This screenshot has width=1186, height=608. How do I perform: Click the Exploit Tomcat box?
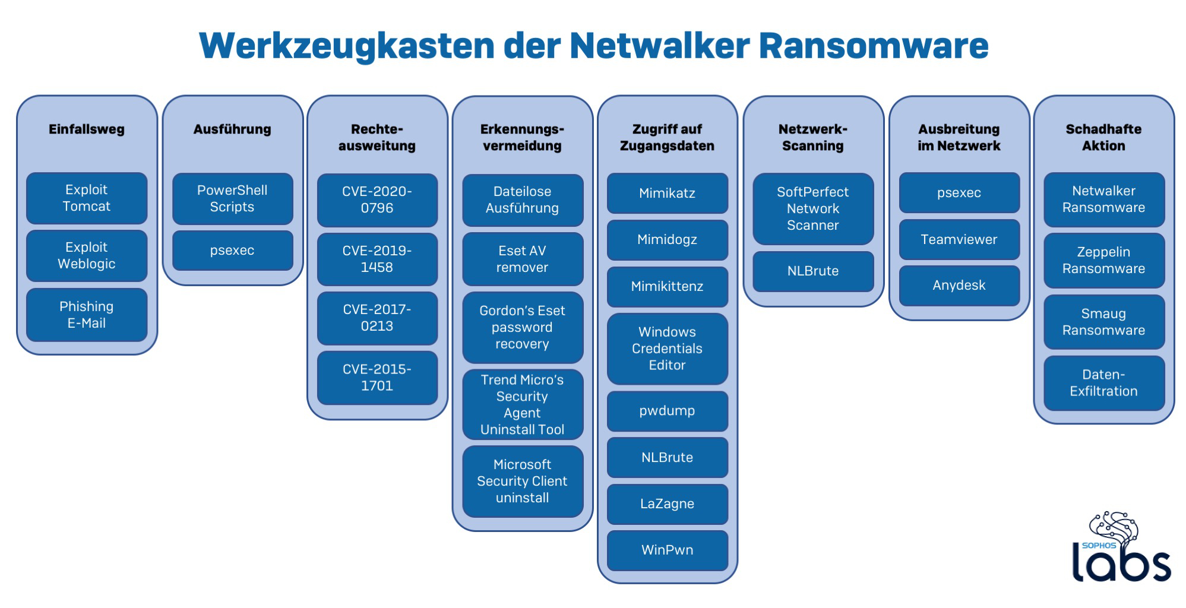pyautogui.click(x=87, y=198)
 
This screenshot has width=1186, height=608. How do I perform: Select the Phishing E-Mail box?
pyautogui.click(x=87, y=315)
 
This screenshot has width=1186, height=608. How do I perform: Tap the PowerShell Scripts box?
pyautogui.click(x=232, y=198)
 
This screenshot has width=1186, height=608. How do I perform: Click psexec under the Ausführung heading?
pyautogui.click(x=232, y=251)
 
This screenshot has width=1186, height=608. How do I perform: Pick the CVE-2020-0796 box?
pyautogui.click(x=377, y=200)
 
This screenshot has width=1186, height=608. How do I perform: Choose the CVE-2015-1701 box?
pyautogui.click(x=377, y=378)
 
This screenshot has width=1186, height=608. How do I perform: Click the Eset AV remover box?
pyautogui.click(x=523, y=259)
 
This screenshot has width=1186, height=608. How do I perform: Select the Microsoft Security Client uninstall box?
pyautogui.click(x=523, y=481)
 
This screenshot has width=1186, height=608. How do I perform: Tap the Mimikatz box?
pyautogui.click(x=667, y=193)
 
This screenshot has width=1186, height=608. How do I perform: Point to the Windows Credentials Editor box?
pyautogui.click(x=667, y=349)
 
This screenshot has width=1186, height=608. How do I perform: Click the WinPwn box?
pyautogui.click(x=667, y=550)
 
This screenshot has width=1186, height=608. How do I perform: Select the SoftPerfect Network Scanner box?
pyautogui.click(x=813, y=208)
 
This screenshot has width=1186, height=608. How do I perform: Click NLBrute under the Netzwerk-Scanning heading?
pyautogui.click(x=813, y=271)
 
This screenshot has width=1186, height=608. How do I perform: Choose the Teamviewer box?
pyautogui.click(x=959, y=240)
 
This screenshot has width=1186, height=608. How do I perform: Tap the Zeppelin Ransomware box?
pyautogui.click(x=1103, y=260)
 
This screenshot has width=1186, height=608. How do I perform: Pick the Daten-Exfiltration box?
pyautogui.click(x=1103, y=383)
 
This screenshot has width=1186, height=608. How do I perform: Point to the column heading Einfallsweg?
pyautogui.click(x=87, y=129)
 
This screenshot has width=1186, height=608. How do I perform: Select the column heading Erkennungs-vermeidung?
pyautogui.click(x=523, y=137)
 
